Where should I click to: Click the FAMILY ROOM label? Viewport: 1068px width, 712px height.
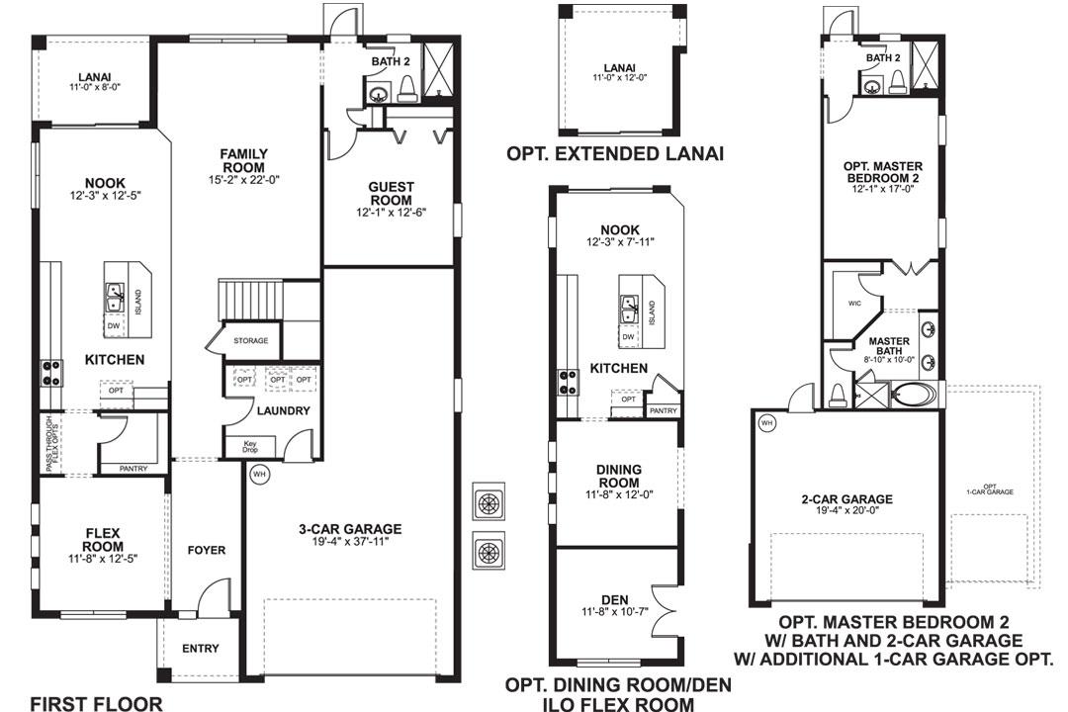click(x=244, y=161)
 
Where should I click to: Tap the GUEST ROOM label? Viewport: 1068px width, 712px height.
click(x=391, y=194)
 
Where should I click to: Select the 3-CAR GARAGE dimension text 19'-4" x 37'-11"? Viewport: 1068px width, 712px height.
click(x=350, y=542)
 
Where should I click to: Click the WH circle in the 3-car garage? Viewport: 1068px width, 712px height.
click(x=259, y=475)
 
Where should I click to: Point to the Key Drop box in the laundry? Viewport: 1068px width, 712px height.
click(x=250, y=446)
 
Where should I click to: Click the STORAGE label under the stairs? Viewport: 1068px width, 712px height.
click(x=250, y=340)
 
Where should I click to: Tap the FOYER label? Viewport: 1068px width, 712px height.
click(x=207, y=551)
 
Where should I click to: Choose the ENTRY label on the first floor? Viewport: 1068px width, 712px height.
click(x=200, y=649)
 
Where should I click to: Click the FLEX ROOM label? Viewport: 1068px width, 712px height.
click(x=103, y=540)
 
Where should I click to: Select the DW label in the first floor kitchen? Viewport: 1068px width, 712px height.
click(x=113, y=326)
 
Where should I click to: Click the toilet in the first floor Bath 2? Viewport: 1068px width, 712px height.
click(x=406, y=89)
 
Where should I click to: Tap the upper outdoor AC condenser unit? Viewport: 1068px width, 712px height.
click(x=489, y=503)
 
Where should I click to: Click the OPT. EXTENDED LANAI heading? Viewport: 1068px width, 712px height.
click(x=615, y=154)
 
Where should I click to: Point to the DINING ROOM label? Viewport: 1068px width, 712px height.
click(x=618, y=476)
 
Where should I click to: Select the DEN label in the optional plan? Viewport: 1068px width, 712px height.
click(x=615, y=600)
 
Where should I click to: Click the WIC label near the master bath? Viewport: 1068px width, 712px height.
click(x=854, y=304)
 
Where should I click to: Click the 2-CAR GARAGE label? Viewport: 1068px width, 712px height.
click(x=847, y=499)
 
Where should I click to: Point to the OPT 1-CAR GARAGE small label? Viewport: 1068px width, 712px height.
click(x=990, y=489)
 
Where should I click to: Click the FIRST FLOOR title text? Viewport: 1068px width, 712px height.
click(x=97, y=703)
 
